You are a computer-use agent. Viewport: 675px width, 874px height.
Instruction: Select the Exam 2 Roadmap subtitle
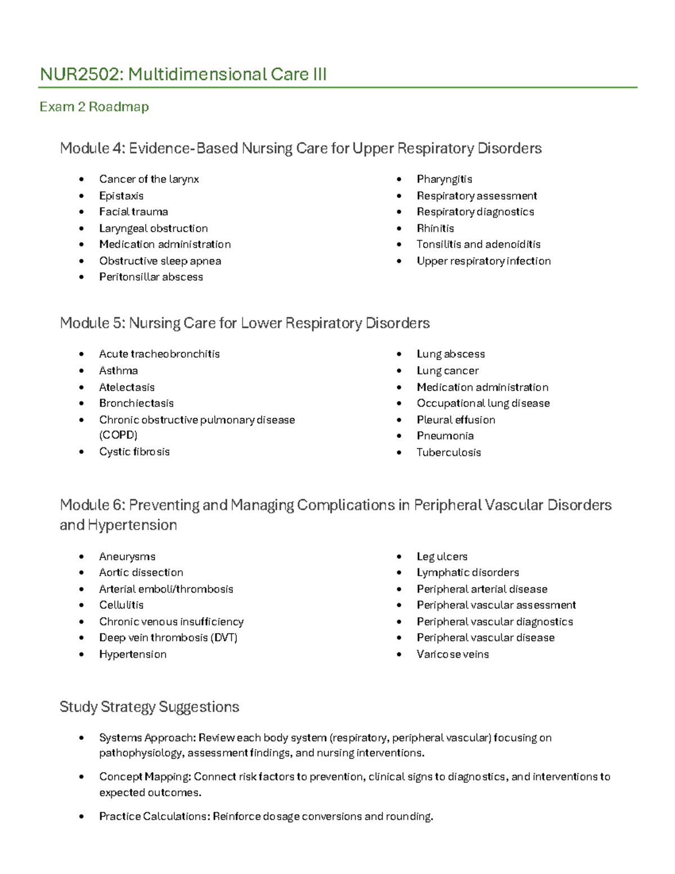[x=94, y=107]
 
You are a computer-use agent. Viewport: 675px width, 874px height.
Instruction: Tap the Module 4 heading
[x=300, y=149]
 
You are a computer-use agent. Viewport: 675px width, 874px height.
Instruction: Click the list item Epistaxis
[x=121, y=196]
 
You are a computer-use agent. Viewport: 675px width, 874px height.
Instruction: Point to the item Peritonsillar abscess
[x=151, y=277]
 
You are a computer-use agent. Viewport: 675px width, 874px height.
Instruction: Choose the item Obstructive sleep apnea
[x=160, y=261]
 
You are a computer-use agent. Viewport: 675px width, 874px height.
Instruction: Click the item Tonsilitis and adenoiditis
[x=478, y=244]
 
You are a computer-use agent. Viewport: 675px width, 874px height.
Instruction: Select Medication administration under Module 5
[x=482, y=387]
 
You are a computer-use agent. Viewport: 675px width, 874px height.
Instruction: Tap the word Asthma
[x=118, y=371]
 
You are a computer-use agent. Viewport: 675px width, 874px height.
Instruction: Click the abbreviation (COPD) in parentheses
[x=118, y=435]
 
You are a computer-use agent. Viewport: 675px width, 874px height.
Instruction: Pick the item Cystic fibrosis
[x=134, y=452]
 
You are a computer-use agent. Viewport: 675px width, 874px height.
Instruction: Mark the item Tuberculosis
[x=448, y=452]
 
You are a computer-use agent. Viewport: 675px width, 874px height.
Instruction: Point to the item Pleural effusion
[x=456, y=420]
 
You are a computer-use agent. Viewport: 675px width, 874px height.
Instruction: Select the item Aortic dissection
[x=141, y=572]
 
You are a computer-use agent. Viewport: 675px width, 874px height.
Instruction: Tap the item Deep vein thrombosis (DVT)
[x=168, y=638]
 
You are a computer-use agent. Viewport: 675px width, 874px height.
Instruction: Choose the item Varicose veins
[x=452, y=655]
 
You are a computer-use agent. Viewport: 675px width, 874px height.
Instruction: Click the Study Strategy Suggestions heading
[x=149, y=707]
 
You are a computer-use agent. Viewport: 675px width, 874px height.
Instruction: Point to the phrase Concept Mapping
[x=145, y=777]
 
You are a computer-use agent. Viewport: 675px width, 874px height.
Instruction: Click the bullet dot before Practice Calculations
[x=82, y=816]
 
